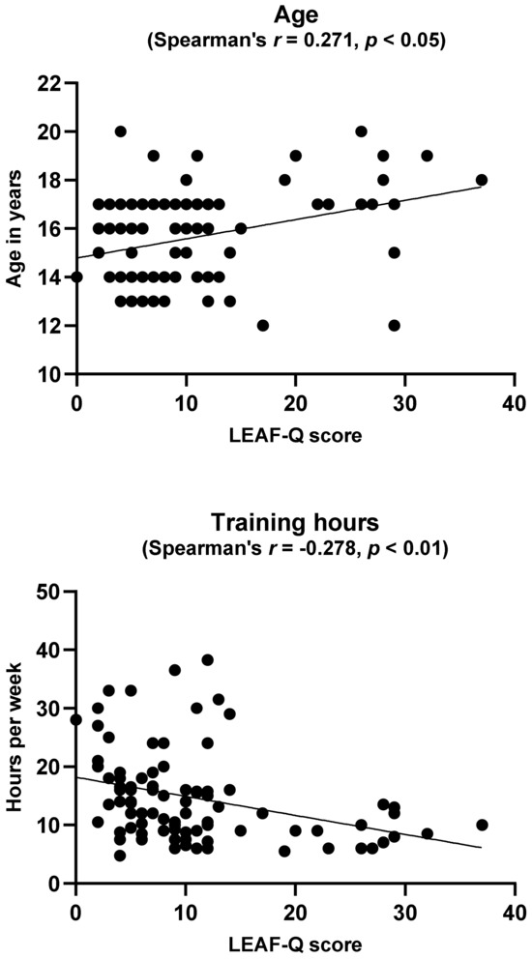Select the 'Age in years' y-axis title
click(16, 229)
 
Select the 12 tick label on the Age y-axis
click(51, 326)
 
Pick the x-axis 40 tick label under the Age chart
click(514, 399)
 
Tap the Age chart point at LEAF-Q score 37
click(481, 180)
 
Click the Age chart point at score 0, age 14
click(76, 276)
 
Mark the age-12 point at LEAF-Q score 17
click(262, 326)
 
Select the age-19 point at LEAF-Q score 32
click(427, 155)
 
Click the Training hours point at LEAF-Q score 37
click(481, 825)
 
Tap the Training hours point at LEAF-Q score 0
click(76, 719)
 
